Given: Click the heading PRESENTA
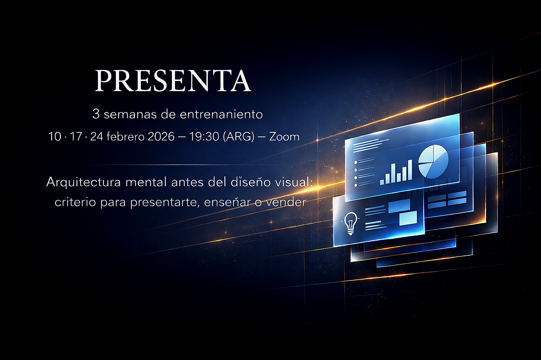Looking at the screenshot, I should click(173, 81).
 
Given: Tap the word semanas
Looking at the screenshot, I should click(130, 114).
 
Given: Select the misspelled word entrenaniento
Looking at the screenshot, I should click(221, 114).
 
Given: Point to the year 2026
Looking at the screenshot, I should click(161, 137).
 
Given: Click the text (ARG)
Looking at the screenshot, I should click(238, 137).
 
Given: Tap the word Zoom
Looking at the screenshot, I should click(284, 137).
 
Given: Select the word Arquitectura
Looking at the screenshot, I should click(83, 182).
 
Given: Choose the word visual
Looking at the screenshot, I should click(293, 182).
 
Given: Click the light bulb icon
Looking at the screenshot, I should click(351, 223).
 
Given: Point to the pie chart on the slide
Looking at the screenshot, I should click(433, 161).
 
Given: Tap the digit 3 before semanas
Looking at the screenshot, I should click(96, 114).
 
